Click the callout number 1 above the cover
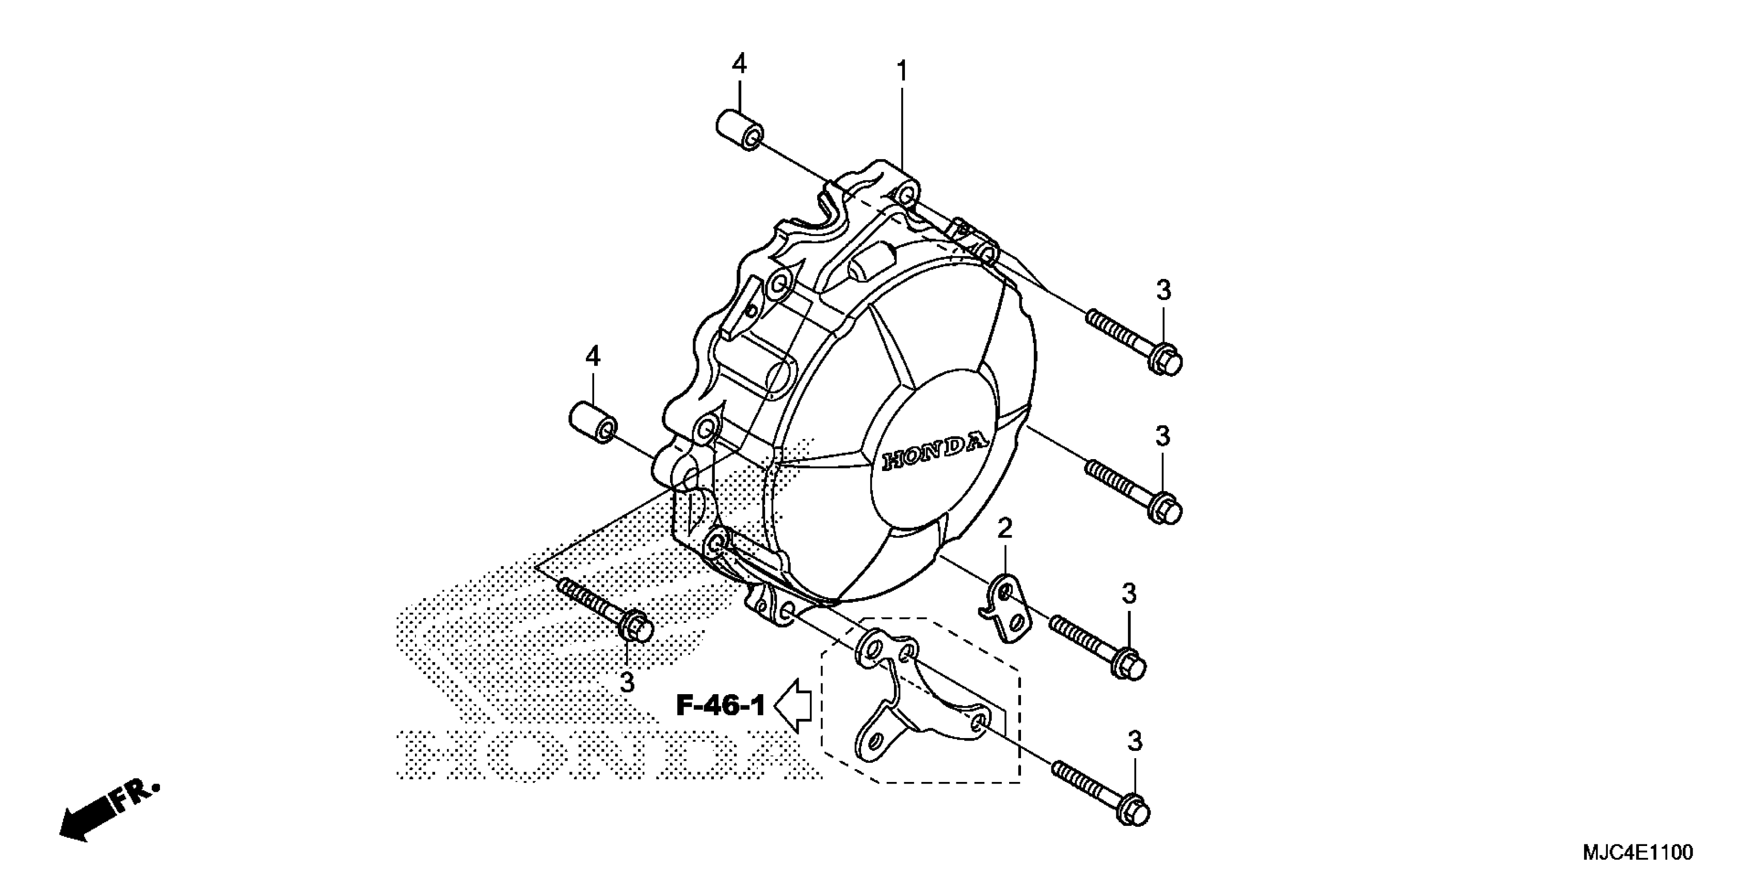tap(902, 71)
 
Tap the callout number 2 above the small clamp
tap(1005, 528)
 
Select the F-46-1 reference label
tap(721, 705)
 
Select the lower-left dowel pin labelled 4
tap(593, 424)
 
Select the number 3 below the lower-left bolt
tap(627, 682)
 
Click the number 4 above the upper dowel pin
tap(739, 64)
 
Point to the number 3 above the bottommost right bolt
tap(1135, 741)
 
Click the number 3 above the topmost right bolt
tap(1163, 290)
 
